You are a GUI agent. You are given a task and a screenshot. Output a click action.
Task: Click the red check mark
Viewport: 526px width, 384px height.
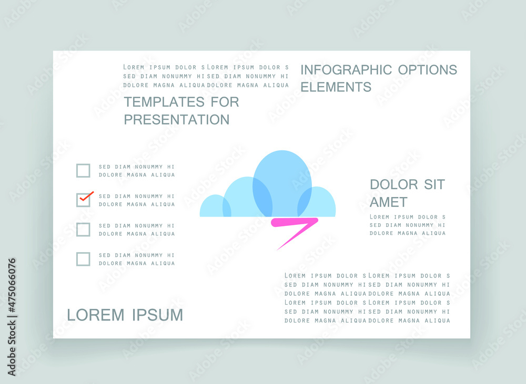[x=86, y=196]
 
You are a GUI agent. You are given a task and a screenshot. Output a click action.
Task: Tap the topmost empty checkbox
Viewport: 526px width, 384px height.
[x=83, y=171]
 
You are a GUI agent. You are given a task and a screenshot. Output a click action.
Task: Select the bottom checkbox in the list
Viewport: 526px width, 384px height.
[x=83, y=259]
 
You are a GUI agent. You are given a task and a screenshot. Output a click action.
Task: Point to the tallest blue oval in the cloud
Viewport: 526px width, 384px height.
[x=282, y=183]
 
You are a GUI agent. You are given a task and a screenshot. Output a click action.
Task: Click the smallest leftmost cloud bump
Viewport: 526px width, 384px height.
[x=215, y=206]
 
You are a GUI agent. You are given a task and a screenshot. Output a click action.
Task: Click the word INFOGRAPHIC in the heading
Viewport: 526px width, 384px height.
[x=346, y=70]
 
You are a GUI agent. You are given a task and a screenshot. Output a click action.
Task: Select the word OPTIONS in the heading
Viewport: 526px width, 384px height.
[x=428, y=70]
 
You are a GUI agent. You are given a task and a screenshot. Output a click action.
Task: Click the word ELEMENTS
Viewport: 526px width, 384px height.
[x=336, y=87]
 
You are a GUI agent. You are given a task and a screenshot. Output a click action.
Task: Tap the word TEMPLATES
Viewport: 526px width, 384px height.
[x=164, y=102]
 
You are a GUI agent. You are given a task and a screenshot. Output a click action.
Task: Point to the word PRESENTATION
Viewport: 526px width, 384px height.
[x=177, y=120]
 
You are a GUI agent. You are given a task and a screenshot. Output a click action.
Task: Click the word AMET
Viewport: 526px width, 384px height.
[x=389, y=202]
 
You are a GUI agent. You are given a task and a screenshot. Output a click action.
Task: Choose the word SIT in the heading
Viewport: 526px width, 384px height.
[x=434, y=184]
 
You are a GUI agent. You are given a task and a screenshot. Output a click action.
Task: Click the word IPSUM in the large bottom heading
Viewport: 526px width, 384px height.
[x=157, y=315]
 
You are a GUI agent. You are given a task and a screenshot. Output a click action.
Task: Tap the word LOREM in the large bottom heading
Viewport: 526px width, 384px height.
[x=96, y=315]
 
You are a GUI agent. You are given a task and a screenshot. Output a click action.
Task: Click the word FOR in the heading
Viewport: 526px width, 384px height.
[x=225, y=102]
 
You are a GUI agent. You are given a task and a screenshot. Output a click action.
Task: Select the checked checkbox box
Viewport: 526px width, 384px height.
[x=83, y=200]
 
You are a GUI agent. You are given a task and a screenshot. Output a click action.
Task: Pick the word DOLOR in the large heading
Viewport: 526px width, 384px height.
[x=394, y=184]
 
